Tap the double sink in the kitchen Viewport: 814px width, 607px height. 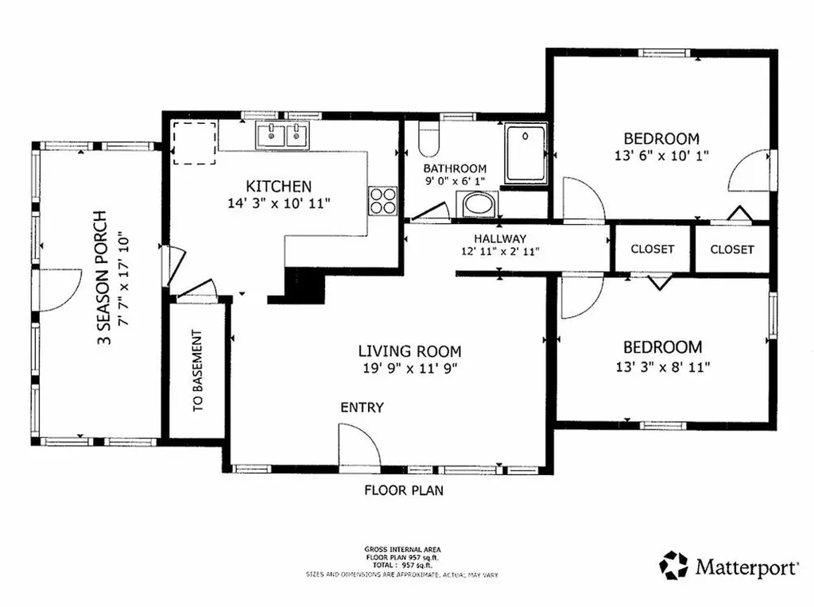click(284, 136)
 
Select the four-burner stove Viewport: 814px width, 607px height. click(382, 199)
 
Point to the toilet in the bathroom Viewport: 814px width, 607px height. click(428, 140)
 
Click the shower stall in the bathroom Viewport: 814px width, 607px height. click(525, 153)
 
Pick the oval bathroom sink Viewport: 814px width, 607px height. click(479, 204)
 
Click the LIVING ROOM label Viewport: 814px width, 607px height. click(409, 350)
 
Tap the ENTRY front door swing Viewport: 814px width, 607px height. click(359, 445)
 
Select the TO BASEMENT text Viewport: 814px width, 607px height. click(197, 370)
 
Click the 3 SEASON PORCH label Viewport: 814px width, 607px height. click(100, 279)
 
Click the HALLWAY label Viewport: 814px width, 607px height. click(500, 238)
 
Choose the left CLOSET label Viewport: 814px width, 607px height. click(652, 249)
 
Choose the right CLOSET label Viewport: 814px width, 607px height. click(732, 249)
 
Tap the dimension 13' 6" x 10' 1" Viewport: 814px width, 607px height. click(661, 156)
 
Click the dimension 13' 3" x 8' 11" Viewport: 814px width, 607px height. click(661, 366)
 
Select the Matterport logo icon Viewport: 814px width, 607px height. click(674, 566)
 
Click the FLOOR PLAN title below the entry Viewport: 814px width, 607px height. click(404, 490)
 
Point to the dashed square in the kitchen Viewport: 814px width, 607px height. click(195, 143)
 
